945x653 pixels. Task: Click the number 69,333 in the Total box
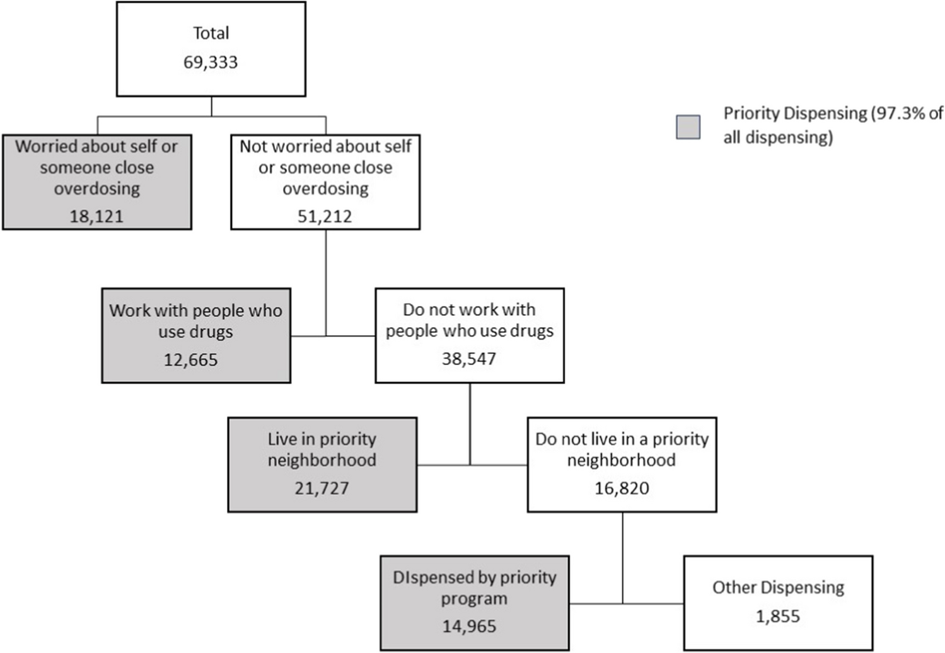[211, 62]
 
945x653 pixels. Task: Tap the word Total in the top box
[211, 33]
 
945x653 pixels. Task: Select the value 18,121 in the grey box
[96, 216]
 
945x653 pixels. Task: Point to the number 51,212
[325, 216]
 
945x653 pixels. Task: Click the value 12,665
[190, 360]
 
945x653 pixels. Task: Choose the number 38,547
[469, 359]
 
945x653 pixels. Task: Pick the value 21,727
[322, 488]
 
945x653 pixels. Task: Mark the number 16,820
[622, 488]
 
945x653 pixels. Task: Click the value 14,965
[469, 626]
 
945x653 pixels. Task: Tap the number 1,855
[778, 616]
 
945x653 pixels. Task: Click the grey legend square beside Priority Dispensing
[688, 127]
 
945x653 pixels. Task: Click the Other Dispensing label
[778, 587]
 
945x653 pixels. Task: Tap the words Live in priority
[322, 439]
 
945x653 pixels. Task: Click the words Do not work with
[469, 309]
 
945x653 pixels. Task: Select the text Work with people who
[195, 311]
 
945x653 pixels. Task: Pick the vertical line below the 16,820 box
[623, 555]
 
